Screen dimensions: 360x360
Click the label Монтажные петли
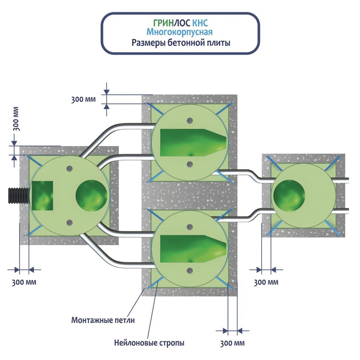103,320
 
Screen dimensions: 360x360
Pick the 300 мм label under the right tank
266,282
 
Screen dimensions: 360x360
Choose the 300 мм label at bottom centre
232,343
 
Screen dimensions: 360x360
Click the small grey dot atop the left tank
70,169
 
